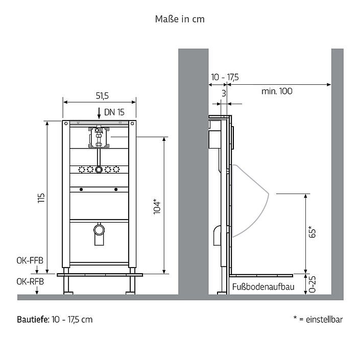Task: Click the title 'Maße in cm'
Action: pyautogui.click(x=180, y=19)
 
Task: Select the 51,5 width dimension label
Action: pyautogui.click(x=102, y=95)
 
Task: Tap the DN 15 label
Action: pyautogui.click(x=114, y=112)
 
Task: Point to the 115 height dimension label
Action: pyautogui.click(x=41, y=198)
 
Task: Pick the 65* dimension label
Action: pyautogui.click(x=312, y=232)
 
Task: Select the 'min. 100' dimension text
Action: pyautogui.click(x=277, y=91)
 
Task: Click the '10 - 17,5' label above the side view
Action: pyautogui.click(x=225, y=77)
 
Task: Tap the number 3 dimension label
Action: pyautogui.click(x=224, y=93)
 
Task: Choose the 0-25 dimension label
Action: pyautogui.click(x=312, y=284)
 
